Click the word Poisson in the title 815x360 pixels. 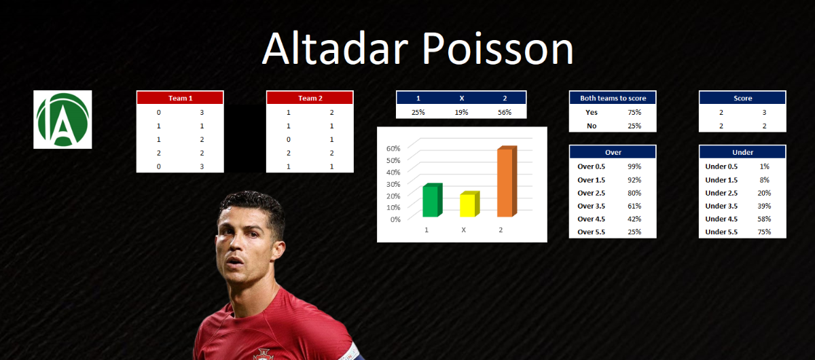[x=498, y=49]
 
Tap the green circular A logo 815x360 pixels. [x=62, y=120]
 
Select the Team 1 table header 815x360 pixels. [x=180, y=98]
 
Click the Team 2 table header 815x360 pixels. [x=310, y=98]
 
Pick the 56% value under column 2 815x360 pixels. [x=505, y=113]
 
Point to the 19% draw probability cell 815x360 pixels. [x=461, y=113]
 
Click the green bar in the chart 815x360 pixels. [x=432, y=200]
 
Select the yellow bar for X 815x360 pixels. [x=470, y=204]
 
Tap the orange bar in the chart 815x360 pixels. [x=507, y=181]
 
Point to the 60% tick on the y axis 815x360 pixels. [x=393, y=149]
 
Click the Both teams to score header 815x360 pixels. [x=613, y=98]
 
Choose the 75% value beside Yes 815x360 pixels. [x=634, y=113]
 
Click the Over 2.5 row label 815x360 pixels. [x=592, y=193]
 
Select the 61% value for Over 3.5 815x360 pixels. [x=634, y=206]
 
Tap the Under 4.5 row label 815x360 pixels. [x=721, y=219]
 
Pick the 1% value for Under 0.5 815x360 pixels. [x=765, y=166]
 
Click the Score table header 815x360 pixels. [x=742, y=98]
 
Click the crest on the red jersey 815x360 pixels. [x=263, y=354]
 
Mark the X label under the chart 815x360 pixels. [x=463, y=230]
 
